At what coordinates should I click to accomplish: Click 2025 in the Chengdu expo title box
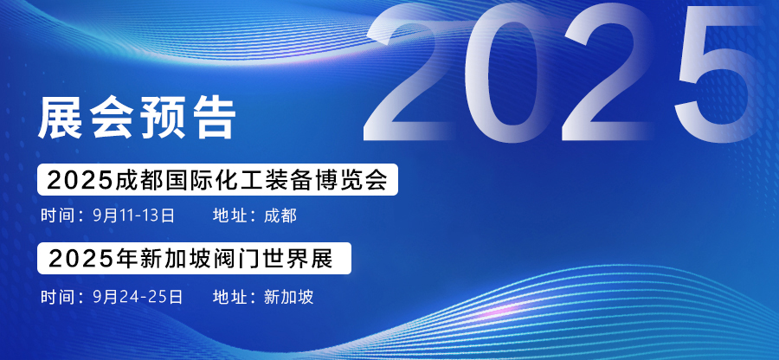click(x=80, y=180)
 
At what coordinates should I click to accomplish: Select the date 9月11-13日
click(x=133, y=216)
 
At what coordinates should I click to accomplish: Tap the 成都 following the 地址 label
click(x=280, y=216)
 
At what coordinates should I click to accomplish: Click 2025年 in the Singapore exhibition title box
click(x=86, y=259)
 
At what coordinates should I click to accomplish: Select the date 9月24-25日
click(x=138, y=297)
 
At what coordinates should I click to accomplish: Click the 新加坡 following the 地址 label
click(x=288, y=297)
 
